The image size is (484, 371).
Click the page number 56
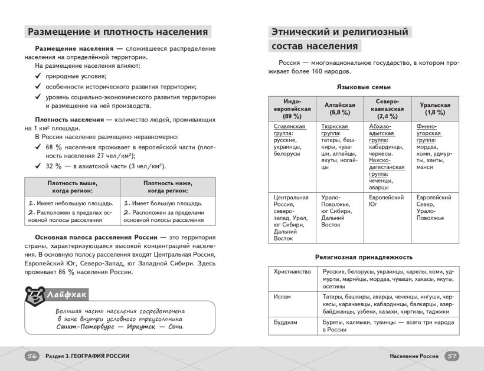coord(32,356)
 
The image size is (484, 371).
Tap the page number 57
coord(452,356)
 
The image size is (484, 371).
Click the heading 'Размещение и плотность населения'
coord(118,32)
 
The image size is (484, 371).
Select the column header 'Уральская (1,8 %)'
coord(435,109)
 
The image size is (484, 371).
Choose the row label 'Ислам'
coord(282,297)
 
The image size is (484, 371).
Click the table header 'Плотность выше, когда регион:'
coord(73,187)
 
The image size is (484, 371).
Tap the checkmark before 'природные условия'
coord(37,75)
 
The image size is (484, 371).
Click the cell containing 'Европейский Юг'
coord(386,201)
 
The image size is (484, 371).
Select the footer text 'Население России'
coord(414,356)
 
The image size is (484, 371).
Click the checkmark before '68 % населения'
coord(37,146)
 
